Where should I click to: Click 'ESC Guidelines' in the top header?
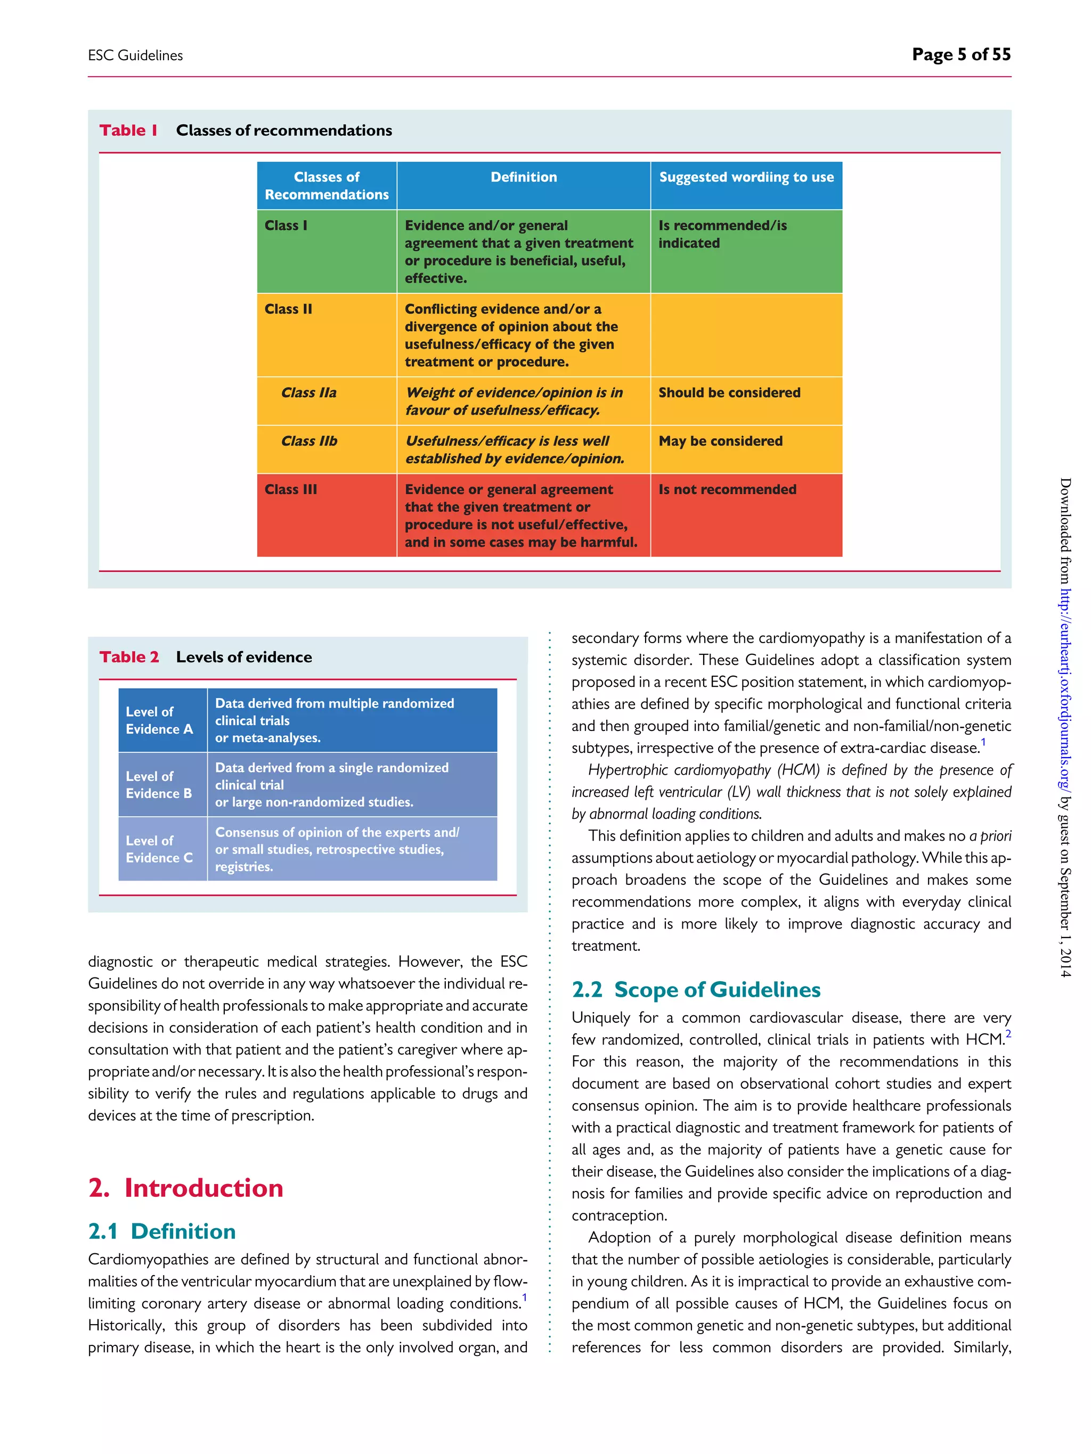[x=135, y=56]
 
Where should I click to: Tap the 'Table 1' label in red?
[x=128, y=130]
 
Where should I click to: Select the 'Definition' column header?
[x=524, y=177]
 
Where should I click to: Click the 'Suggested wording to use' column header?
[x=746, y=177]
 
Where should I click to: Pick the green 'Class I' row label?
[x=286, y=225]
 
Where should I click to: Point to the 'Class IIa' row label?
[x=308, y=392]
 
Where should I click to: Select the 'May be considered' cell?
[x=720, y=441]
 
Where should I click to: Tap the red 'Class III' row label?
[x=291, y=489]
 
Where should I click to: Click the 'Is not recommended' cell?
[x=727, y=489]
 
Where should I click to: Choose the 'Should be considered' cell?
[x=729, y=392]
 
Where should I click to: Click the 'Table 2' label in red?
[x=129, y=656]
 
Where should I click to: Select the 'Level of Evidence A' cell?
[x=159, y=720]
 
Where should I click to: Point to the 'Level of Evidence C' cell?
[x=159, y=849]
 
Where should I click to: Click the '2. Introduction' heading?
[x=185, y=1188]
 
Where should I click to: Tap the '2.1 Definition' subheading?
[x=162, y=1231]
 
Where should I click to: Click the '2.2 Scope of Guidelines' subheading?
[x=696, y=990]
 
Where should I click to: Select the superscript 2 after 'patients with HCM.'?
[x=1008, y=1034]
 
